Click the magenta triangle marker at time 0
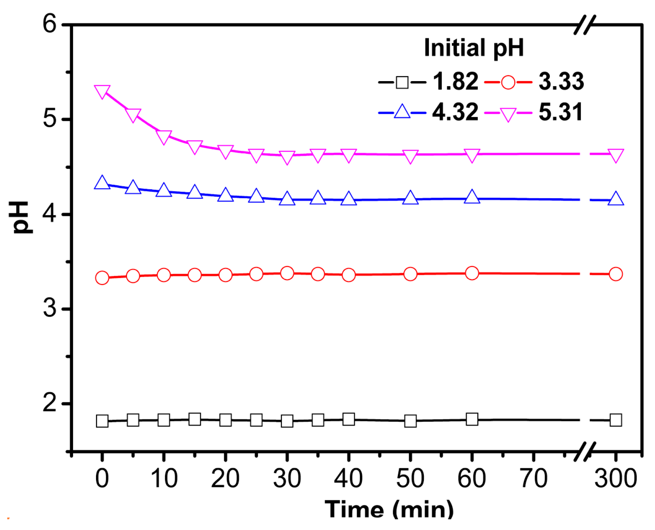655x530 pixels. (102, 92)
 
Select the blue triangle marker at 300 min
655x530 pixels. (616, 199)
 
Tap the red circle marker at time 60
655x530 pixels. (472, 273)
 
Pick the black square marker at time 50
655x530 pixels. (410, 421)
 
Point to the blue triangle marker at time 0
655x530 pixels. (102, 183)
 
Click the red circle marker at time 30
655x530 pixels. (287, 273)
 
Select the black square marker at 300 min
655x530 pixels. (616, 420)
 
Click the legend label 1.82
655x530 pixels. (455, 82)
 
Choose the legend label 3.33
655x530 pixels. (561, 82)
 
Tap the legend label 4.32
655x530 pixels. (455, 112)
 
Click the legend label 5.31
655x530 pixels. (560, 112)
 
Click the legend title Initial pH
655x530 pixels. (474, 48)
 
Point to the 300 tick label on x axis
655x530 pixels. (616, 478)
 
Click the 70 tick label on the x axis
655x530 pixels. (533, 478)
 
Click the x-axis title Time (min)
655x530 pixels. (389, 510)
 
